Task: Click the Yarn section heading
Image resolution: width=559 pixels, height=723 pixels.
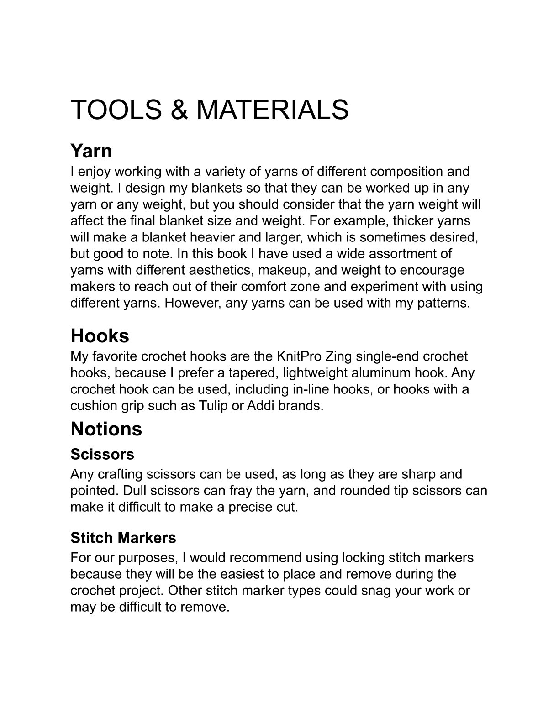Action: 91,151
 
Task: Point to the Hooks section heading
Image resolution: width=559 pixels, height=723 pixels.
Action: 100,336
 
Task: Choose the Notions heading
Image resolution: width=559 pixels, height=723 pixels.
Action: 106,429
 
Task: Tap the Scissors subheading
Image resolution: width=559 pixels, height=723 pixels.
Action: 102,454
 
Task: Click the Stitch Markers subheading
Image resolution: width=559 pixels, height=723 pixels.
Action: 123,538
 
